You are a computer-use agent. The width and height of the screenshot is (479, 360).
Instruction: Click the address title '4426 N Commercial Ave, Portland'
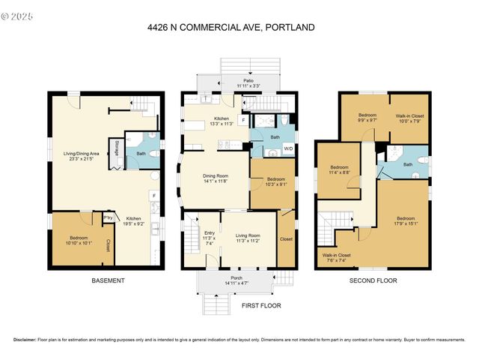click(x=231, y=28)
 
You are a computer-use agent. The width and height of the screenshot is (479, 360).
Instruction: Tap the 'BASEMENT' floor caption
click(x=109, y=280)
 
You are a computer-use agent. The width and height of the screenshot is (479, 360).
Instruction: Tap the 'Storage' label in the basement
click(x=117, y=146)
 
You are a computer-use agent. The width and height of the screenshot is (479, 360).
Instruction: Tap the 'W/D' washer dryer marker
click(x=288, y=149)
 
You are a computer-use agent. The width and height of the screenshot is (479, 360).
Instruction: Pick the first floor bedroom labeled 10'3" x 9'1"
click(x=267, y=181)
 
